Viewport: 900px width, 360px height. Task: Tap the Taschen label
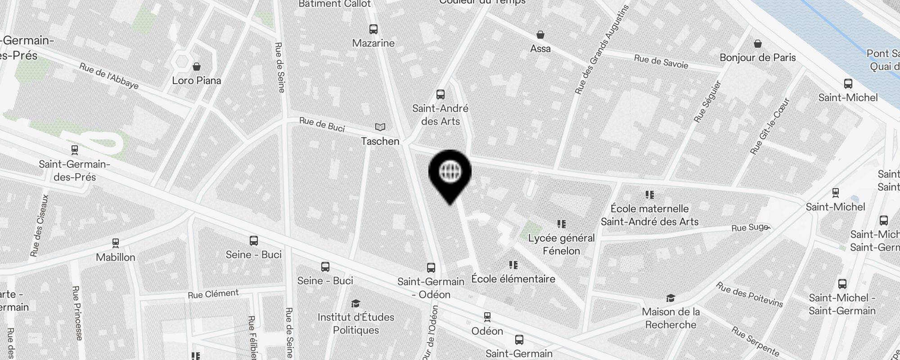point(380,141)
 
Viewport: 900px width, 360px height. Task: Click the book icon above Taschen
point(380,127)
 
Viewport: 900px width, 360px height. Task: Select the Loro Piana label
point(197,81)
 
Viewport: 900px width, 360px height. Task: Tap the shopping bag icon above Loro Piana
point(197,67)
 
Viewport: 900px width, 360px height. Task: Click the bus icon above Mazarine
point(373,29)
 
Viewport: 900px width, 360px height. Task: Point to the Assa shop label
point(540,49)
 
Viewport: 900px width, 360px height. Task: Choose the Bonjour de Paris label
point(758,58)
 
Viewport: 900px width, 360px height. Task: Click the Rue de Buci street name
point(322,124)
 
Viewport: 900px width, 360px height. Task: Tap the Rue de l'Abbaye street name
point(109,76)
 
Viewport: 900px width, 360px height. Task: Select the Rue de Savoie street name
point(661,62)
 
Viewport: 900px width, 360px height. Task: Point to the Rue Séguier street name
point(707,102)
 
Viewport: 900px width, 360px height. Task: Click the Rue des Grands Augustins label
point(602,49)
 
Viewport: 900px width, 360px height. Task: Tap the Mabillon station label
point(116,257)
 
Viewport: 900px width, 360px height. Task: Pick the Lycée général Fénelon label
point(562,244)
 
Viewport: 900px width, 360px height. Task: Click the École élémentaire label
point(513,279)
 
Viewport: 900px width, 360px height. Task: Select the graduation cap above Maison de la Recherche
point(670,298)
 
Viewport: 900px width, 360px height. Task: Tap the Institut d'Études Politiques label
point(356,324)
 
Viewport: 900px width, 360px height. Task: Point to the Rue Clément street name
point(213,294)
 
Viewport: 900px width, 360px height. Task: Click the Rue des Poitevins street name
point(749,294)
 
